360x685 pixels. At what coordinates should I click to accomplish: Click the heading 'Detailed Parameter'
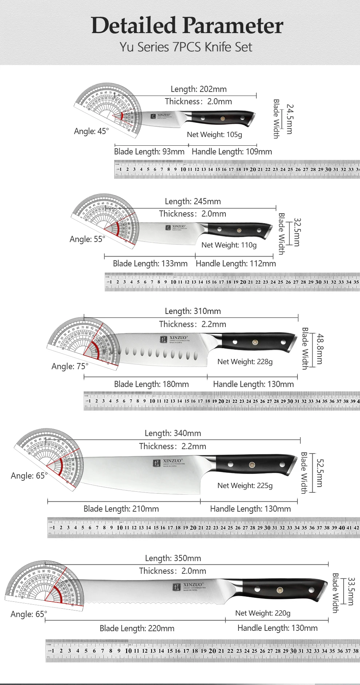click(187, 25)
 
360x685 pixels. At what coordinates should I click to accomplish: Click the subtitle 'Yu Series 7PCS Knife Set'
click(186, 47)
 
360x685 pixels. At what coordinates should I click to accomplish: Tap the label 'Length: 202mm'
click(199, 89)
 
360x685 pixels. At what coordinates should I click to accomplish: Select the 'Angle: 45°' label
click(91, 131)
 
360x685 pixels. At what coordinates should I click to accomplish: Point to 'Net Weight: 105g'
click(214, 134)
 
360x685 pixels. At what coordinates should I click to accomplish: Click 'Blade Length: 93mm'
click(149, 152)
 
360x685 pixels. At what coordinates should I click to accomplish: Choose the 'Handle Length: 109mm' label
click(232, 152)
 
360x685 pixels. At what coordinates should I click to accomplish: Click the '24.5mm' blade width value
click(290, 119)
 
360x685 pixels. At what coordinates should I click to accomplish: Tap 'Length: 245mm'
click(193, 201)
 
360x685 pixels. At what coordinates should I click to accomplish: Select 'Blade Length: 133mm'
click(150, 263)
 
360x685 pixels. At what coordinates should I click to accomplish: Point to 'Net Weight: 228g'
click(245, 362)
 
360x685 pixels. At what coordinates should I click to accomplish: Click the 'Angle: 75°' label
click(70, 366)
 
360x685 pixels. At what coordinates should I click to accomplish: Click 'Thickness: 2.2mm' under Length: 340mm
click(172, 446)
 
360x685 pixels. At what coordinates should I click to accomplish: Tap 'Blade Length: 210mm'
click(121, 509)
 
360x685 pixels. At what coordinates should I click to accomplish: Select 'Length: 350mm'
click(173, 558)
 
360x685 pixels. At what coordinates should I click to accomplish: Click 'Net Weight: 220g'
click(263, 613)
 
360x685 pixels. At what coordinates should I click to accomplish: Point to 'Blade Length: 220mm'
click(137, 628)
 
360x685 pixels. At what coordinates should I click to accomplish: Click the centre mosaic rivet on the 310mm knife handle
click(255, 342)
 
